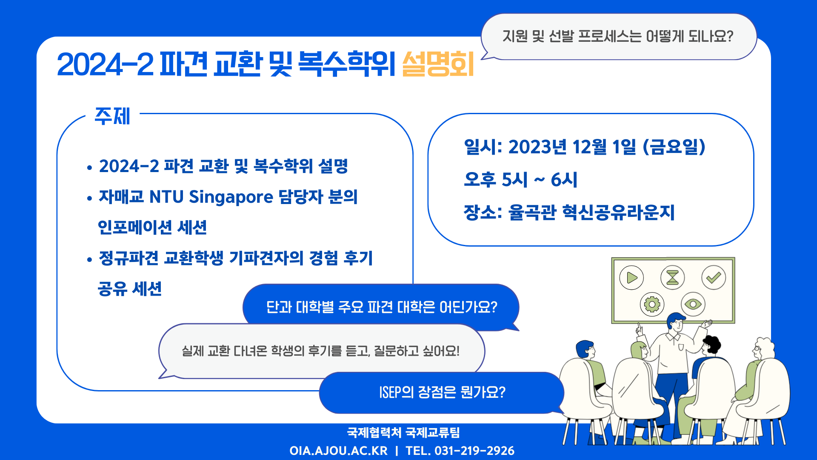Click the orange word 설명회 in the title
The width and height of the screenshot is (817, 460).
[x=438, y=64]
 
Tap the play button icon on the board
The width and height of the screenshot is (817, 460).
[x=631, y=278]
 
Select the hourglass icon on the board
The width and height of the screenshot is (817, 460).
[x=672, y=277]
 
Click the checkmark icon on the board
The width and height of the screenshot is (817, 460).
[x=714, y=278]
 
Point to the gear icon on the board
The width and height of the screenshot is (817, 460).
[x=652, y=304]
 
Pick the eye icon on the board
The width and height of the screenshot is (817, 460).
[x=693, y=304]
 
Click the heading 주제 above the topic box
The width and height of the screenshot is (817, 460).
[x=112, y=116]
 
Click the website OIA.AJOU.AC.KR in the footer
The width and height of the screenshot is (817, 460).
[x=339, y=451]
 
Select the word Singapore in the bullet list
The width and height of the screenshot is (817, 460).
[x=231, y=197]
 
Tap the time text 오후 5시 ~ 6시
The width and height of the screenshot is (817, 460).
[x=520, y=180]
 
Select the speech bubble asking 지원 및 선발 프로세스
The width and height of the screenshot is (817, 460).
[x=619, y=37]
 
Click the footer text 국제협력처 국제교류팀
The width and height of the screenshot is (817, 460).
[x=403, y=433]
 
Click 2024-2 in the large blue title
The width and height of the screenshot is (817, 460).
[x=105, y=65]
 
